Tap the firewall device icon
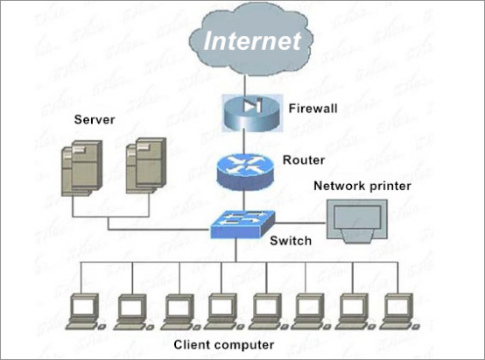point(252,113)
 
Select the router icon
point(245,171)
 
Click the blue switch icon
point(242,224)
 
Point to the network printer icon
point(357,221)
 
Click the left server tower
point(82,168)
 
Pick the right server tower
point(146,166)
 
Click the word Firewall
point(313,109)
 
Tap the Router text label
point(304,160)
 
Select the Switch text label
point(291,241)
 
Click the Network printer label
point(362,186)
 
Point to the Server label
point(95,119)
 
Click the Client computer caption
point(223,344)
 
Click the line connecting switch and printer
point(300,222)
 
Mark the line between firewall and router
point(244,143)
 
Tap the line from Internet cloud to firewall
point(245,86)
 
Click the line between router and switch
point(244,200)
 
